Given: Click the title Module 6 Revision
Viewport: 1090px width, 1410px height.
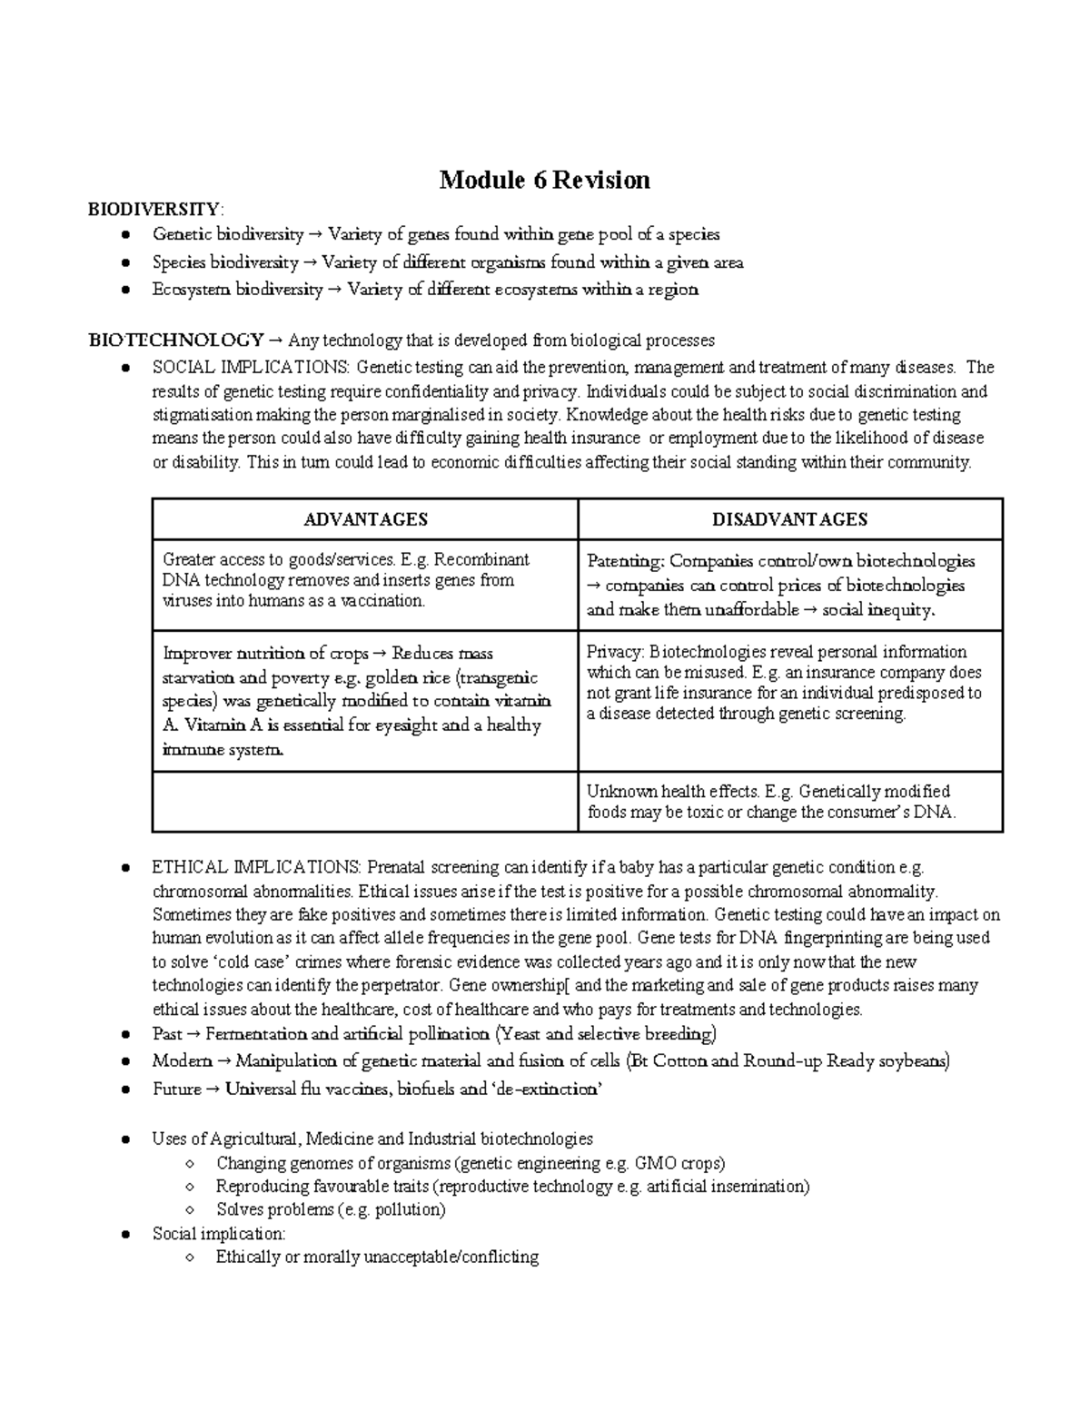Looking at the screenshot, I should [x=544, y=180].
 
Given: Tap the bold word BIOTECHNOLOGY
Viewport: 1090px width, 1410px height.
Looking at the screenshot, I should [x=175, y=340].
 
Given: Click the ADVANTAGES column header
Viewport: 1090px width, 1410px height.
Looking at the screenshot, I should [x=365, y=519].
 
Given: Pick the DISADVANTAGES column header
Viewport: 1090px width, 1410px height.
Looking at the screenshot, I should [x=789, y=519].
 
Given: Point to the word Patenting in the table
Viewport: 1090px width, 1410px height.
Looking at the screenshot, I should [x=626, y=561].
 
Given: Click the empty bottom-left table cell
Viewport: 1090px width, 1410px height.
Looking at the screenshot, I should [x=365, y=802].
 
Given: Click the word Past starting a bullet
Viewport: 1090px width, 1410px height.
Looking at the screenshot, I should [x=167, y=1033].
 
